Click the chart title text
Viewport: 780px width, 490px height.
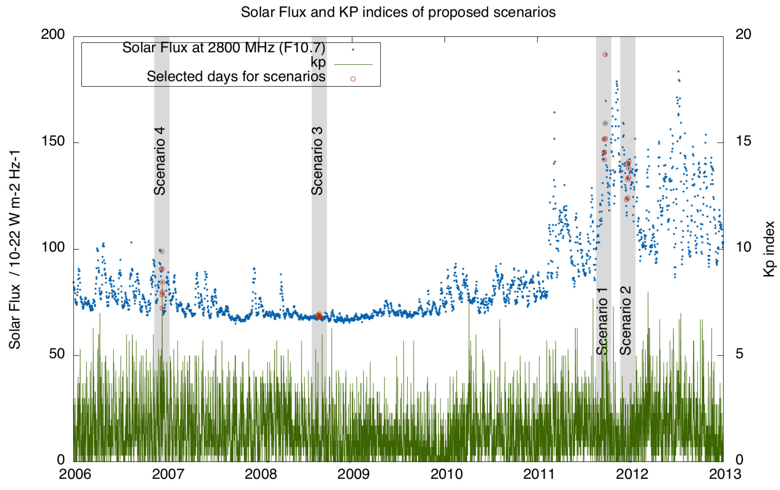(398, 12)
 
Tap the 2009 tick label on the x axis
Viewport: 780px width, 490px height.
(353, 474)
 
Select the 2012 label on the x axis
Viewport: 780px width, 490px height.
(632, 474)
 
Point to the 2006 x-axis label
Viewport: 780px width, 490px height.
(75, 474)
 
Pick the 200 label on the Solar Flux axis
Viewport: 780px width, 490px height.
(52, 34)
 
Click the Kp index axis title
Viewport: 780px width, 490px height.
(769, 249)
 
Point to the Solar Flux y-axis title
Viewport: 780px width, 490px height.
(15, 249)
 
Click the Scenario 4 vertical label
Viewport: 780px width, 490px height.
(160, 161)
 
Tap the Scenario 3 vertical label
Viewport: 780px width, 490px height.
(317, 161)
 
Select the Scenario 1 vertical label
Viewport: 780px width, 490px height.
(602, 321)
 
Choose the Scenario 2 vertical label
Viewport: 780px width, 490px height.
(625, 321)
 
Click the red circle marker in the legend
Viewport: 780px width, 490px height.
(353, 79)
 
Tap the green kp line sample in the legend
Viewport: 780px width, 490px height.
(353, 65)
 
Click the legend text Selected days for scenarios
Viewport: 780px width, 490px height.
(236, 77)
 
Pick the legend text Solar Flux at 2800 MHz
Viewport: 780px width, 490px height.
(223, 48)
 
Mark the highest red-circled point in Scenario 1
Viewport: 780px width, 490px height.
(605, 55)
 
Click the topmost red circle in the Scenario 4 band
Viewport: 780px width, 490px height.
(162, 251)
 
